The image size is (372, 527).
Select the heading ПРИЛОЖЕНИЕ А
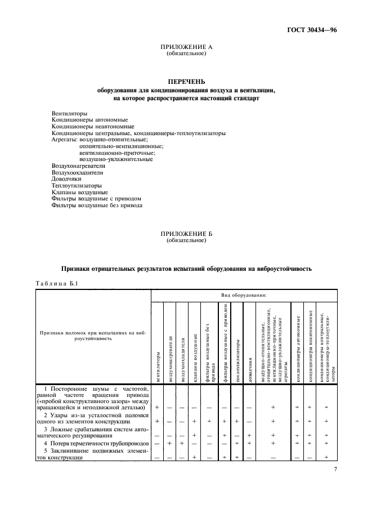click(x=186, y=48)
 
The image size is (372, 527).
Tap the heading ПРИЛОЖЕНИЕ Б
click(x=186, y=233)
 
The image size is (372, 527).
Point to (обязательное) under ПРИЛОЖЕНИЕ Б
click(x=186, y=240)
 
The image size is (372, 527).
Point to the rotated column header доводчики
click(x=249, y=371)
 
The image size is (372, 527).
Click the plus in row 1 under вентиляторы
click(x=157, y=407)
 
